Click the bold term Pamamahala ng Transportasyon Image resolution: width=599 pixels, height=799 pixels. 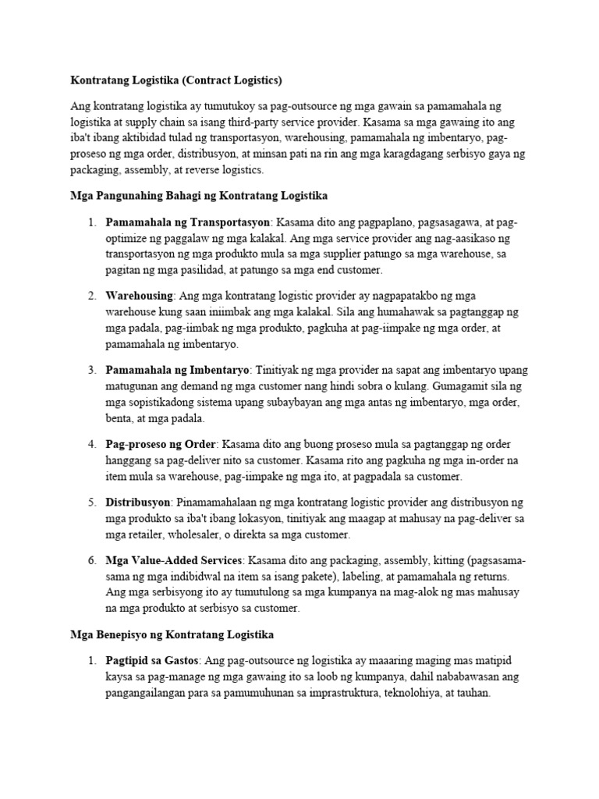point(187,221)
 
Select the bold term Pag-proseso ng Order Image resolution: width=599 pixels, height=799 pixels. point(160,444)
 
